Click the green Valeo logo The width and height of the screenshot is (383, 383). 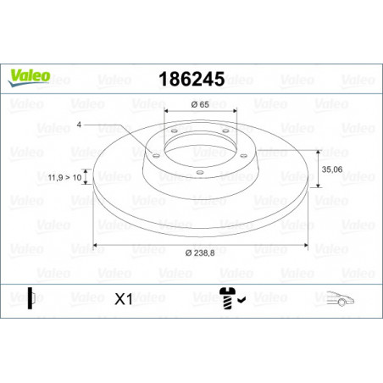click(x=29, y=77)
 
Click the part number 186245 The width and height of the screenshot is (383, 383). click(x=191, y=79)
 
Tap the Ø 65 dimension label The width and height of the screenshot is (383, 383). click(x=200, y=104)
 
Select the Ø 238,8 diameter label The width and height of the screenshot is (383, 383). click(x=200, y=253)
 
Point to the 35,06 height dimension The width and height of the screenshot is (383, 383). click(x=332, y=169)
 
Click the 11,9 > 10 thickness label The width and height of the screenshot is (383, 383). click(x=64, y=178)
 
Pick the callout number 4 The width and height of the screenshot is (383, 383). click(x=79, y=125)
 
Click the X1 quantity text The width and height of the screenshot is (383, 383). click(x=124, y=299)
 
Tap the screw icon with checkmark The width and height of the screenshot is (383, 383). click(x=232, y=298)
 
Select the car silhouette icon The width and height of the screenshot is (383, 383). click(x=341, y=299)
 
